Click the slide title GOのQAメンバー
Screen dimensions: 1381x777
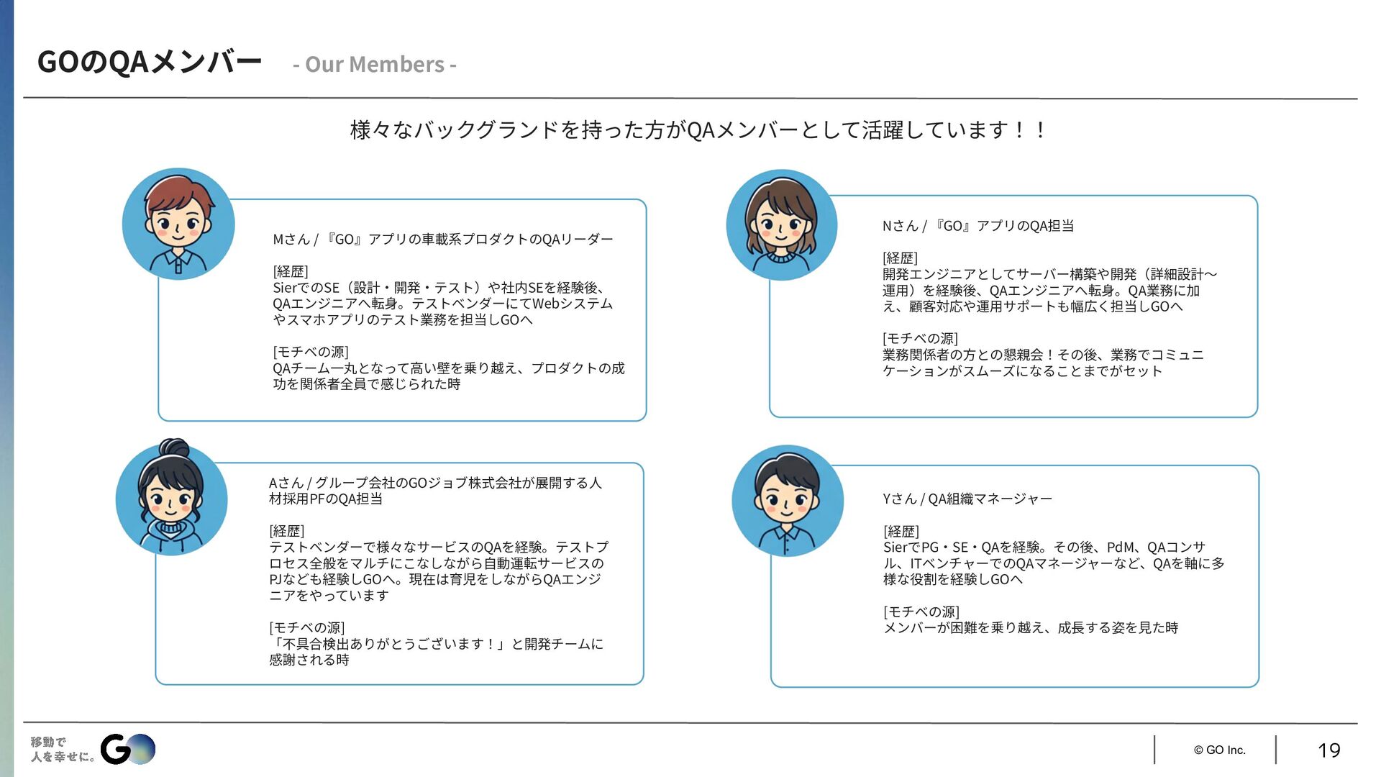pyautogui.click(x=149, y=63)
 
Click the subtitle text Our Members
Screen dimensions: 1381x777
pyautogui.click(x=375, y=65)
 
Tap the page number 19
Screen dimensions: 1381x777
pyautogui.click(x=1328, y=750)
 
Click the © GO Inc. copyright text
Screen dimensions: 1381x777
pyautogui.click(x=1219, y=750)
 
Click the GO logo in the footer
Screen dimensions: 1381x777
pyautogui.click(x=127, y=749)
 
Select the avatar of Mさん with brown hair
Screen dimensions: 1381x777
pyautogui.click(x=178, y=224)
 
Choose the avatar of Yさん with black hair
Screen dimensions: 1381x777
pyautogui.click(x=788, y=500)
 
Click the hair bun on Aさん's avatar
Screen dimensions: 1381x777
pyautogui.click(x=174, y=447)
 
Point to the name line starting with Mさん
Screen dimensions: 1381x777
pyautogui.click(x=442, y=239)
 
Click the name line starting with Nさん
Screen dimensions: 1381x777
pyautogui.click(x=977, y=226)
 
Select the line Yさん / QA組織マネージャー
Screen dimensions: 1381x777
pyautogui.click(x=967, y=499)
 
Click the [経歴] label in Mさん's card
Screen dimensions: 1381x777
pyautogui.click(x=291, y=271)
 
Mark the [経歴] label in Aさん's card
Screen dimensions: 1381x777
pyautogui.click(x=287, y=531)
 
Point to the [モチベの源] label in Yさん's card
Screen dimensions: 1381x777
pyautogui.click(x=921, y=612)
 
